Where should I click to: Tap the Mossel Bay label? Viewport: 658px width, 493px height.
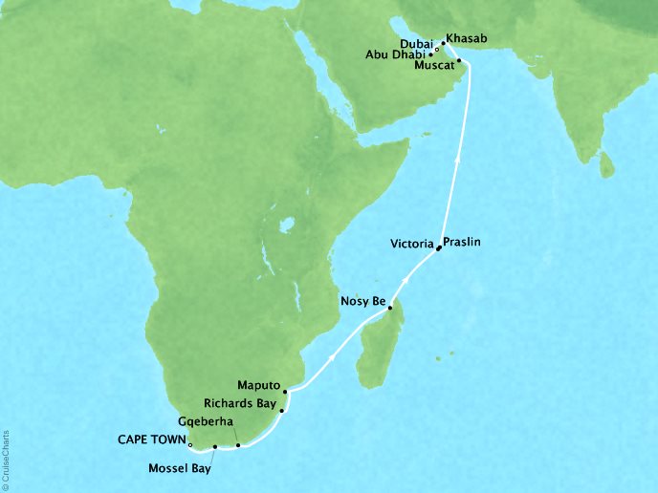tap(181, 468)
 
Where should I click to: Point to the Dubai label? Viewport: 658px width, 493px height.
tap(414, 42)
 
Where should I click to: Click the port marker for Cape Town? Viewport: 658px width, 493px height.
tap(191, 445)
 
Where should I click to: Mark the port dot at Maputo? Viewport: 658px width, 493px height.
tap(285, 391)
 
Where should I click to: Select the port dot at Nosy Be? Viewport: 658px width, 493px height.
tap(389, 307)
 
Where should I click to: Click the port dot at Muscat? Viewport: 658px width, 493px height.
tap(460, 61)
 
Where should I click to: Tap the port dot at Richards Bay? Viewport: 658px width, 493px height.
tap(282, 411)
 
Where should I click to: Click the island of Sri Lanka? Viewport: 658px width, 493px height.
tap(605, 168)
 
